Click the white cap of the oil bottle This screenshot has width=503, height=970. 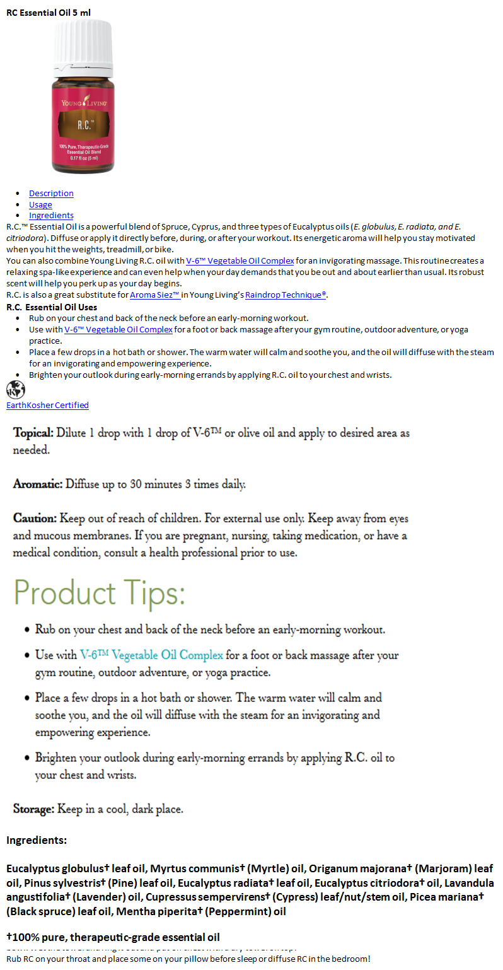coord(83,41)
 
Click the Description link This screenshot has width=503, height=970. coord(51,193)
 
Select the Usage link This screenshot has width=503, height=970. coord(40,204)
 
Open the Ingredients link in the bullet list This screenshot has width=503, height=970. coord(51,216)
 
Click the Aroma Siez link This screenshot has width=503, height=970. coord(155,295)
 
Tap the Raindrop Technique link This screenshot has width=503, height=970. coord(286,295)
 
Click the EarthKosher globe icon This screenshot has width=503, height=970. coord(15,390)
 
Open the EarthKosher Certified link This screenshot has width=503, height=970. coord(47,405)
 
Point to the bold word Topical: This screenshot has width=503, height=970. coord(33,433)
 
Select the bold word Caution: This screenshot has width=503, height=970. coord(35,518)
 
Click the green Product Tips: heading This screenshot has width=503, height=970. coord(99,593)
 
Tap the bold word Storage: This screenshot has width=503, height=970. coord(34,809)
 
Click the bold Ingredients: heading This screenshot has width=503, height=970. coord(37,840)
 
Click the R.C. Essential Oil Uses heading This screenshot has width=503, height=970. coord(52,307)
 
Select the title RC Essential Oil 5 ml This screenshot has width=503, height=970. coord(49,12)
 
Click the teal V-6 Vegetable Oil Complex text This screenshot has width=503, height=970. coord(151,655)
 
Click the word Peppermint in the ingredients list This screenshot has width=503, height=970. coord(246,911)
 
